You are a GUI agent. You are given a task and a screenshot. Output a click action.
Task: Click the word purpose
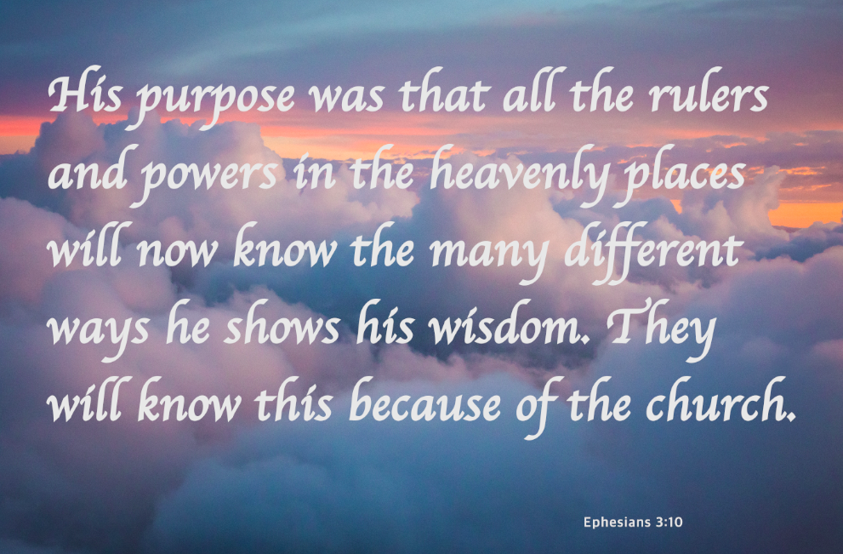[215, 100]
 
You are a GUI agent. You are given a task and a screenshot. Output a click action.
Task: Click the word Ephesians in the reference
[617, 522]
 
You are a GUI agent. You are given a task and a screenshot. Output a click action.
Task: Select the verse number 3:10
[669, 522]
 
